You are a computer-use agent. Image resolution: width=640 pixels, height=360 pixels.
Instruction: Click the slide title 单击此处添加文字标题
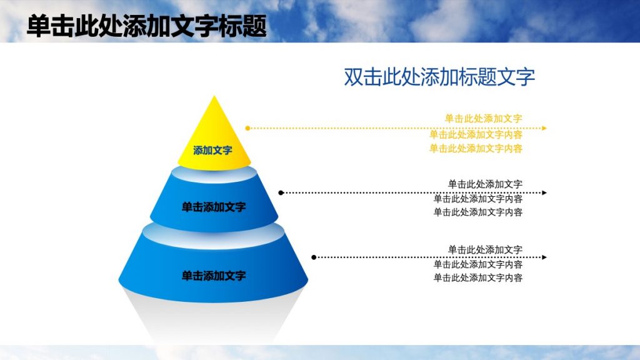147,26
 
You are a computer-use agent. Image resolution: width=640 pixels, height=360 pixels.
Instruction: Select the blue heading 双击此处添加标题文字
439,77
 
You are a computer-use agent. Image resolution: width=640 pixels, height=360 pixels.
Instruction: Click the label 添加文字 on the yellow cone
212,151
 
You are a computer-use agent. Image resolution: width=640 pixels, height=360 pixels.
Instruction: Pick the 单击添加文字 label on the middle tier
214,207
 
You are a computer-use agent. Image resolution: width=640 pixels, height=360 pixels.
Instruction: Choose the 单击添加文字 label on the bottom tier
214,276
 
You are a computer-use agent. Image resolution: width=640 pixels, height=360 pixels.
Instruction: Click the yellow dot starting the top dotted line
248,128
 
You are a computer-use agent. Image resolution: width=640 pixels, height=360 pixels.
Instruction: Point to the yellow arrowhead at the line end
544,128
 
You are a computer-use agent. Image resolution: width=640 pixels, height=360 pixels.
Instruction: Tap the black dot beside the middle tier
281,193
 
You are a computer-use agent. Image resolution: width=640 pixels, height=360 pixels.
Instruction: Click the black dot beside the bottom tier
314,257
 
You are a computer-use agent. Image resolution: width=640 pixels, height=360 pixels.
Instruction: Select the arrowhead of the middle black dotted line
544,193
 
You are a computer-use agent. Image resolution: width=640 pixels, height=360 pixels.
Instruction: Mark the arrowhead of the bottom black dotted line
544,257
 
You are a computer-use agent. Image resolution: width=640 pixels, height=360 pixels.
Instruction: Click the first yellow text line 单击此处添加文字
483,118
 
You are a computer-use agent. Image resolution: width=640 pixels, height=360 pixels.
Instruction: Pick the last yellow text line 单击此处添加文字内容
476,149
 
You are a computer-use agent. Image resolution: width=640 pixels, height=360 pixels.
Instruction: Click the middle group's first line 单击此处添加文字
485,184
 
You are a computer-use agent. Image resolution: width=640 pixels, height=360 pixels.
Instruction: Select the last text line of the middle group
478,212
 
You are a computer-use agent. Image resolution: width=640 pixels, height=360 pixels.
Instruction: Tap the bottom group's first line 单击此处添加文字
485,250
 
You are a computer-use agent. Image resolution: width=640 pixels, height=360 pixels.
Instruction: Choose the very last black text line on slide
478,278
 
